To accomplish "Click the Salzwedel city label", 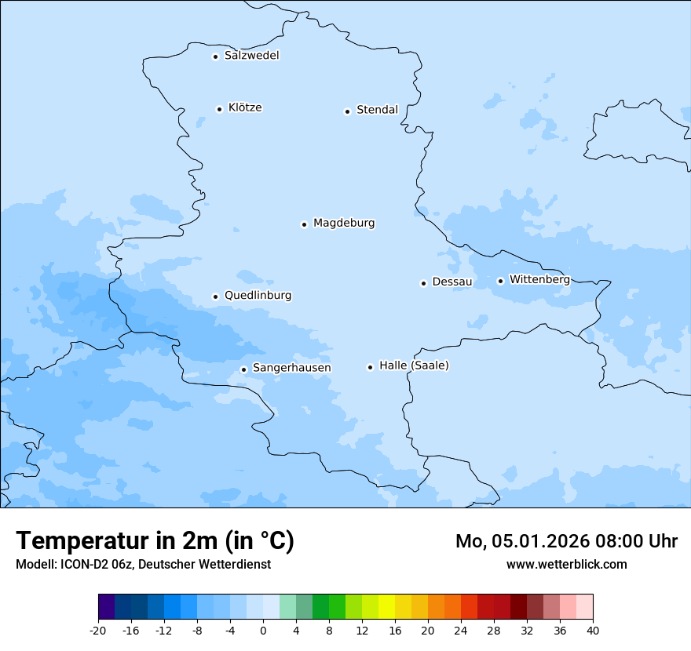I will [x=251, y=56].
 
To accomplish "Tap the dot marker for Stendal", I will [x=347, y=111].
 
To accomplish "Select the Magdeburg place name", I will [x=344, y=224].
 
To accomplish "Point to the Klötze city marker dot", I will [x=220, y=109].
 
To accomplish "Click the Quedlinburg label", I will [x=258, y=296].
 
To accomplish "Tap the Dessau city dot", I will [x=423, y=283].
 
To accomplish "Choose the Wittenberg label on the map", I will [x=539, y=280].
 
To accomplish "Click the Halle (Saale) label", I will [x=414, y=366].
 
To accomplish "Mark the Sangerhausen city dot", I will [x=243, y=369].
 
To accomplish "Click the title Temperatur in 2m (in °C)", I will [x=155, y=541].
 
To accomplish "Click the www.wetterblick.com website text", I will [x=566, y=564].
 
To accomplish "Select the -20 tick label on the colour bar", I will [x=98, y=630].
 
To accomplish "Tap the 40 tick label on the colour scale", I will [x=593, y=630].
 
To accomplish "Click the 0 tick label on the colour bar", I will [x=263, y=630].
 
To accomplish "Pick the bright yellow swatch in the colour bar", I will [x=386, y=607].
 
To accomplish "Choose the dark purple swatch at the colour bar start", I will [x=106, y=607].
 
